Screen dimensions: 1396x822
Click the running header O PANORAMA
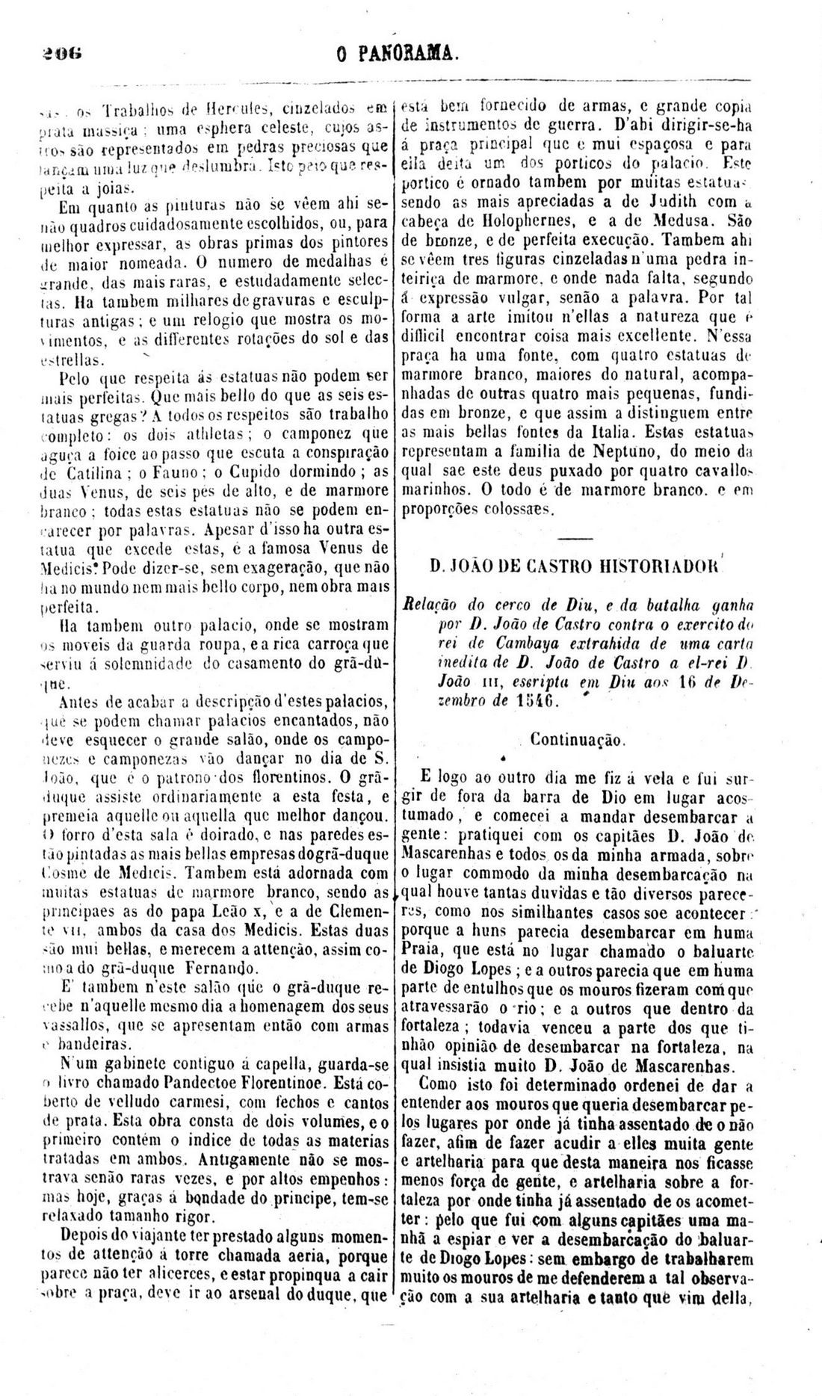pos(397,53)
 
